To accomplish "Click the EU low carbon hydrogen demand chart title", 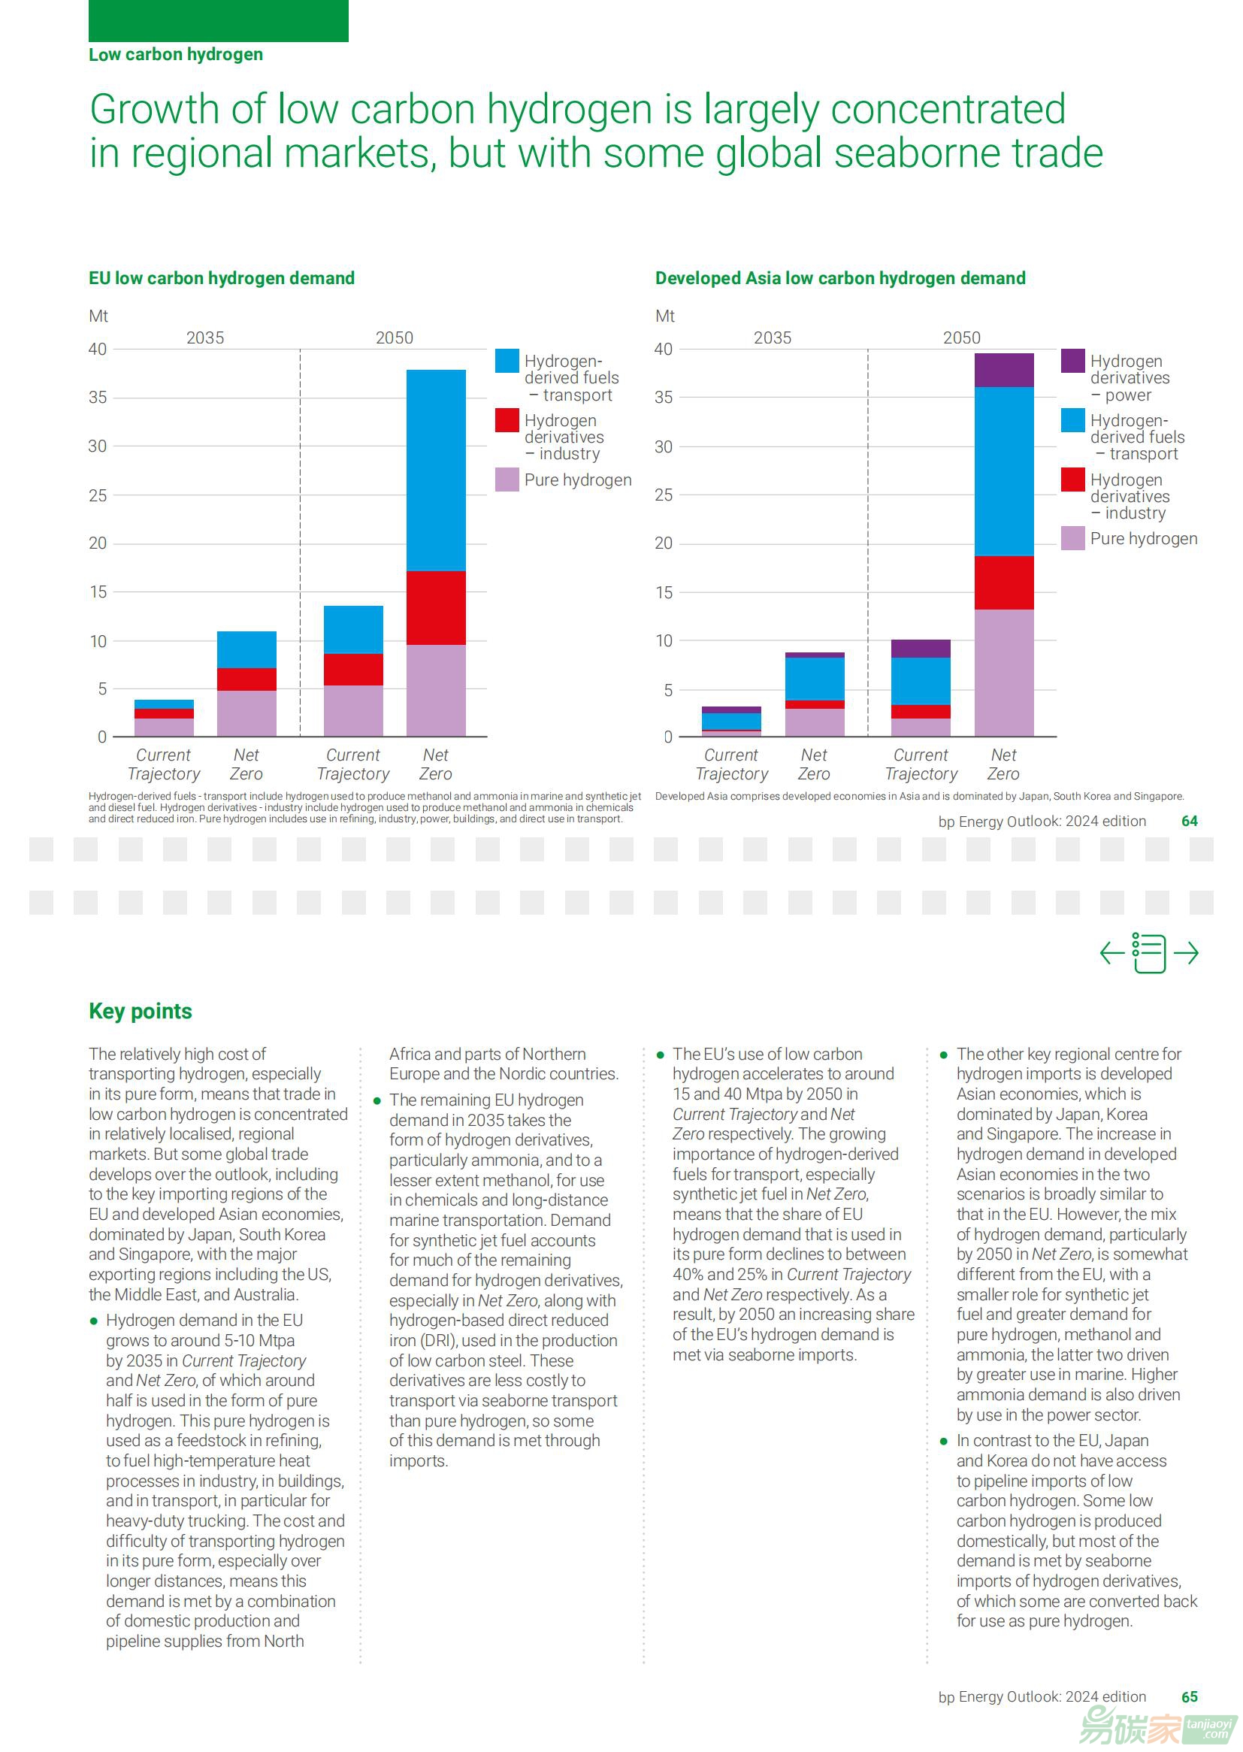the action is click(x=221, y=278).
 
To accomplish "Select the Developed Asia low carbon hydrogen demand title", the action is click(x=839, y=278).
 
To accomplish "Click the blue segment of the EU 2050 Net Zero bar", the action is click(x=436, y=470).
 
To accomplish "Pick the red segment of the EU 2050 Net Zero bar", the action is click(x=436, y=608).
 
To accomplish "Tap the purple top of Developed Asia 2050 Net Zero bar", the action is click(x=1003, y=371).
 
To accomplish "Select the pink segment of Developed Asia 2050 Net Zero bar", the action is click(x=1003, y=673).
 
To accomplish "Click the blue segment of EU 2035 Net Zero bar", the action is click(x=246, y=650).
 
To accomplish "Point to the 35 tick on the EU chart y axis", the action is click(x=97, y=398).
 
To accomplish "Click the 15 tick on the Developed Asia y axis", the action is click(x=664, y=592).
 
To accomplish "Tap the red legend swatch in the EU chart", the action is click(x=507, y=420).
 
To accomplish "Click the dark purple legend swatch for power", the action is click(x=1072, y=361).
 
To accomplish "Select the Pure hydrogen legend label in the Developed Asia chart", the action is click(x=1144, y=538).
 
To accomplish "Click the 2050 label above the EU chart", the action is click(x=395, y=337).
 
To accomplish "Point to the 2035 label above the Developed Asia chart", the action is click(x=773, y=337).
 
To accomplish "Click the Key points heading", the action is click(x=140, y=1011).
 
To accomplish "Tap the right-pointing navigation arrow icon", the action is click(x=1186, y=953).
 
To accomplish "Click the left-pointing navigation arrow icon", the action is click(x=1112, y=953).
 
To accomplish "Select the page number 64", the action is click(x=1190, y=822).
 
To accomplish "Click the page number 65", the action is click(x=1190, y=1697).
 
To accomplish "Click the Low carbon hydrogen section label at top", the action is click(x=176, y=54).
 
